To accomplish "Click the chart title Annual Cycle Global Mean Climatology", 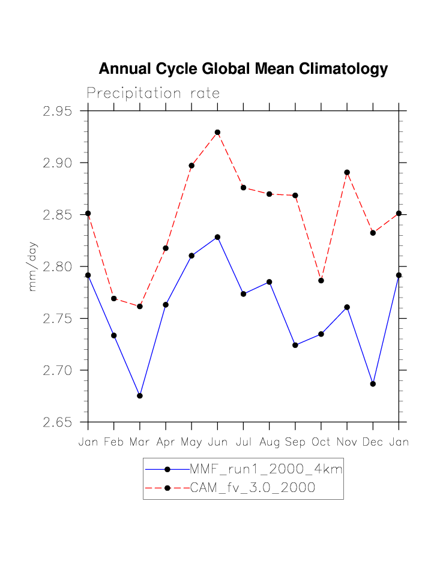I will tap(243, 69).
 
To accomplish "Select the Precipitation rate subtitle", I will tap(153, 94).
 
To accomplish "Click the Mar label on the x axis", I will tap(140, 442).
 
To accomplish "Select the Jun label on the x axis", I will tap(217, 442).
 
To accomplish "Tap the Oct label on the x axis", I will tap(321, 442).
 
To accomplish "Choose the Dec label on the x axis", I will tap(373, 442).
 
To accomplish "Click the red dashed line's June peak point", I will tap(217, 132).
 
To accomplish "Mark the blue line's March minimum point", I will tap(140, 396).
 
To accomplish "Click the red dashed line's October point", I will tap(321, 280).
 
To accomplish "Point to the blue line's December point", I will tap(373, 384).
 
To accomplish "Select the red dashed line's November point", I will tap(347, 172).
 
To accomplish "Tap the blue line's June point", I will tap(217, 237).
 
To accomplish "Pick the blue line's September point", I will tap(295, 345).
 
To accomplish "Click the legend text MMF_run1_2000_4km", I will tap(266, 469).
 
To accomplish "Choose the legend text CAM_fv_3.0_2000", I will tap(253, 488).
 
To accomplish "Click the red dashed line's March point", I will tap(140, 306).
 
